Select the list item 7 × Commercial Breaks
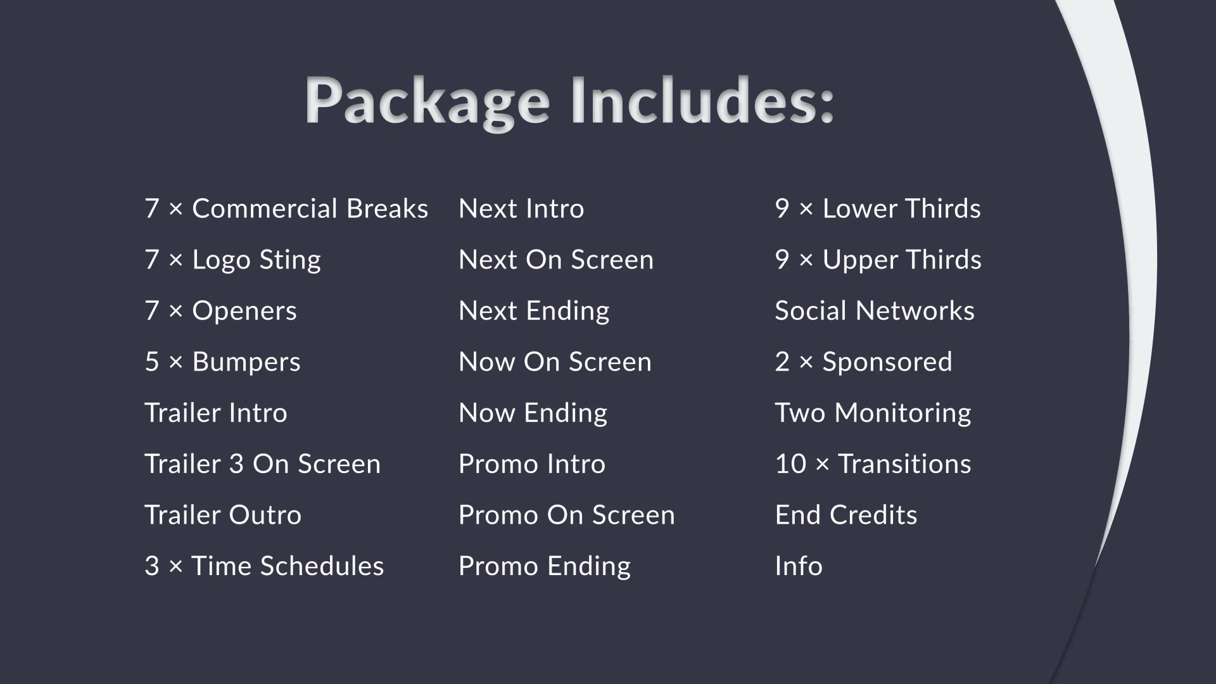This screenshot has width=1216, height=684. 286,208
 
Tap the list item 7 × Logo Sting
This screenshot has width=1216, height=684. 232,260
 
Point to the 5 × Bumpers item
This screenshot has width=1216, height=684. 222,362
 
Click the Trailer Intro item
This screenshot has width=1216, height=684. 216,413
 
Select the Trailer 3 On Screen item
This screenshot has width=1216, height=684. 263,464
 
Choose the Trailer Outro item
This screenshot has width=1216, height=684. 223,515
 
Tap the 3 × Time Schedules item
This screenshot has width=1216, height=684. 264,566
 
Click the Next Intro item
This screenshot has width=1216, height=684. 521,208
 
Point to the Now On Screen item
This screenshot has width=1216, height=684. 555,362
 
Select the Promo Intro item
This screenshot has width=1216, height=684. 532,464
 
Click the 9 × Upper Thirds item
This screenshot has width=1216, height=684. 878,260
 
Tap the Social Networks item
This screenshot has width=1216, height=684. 875,310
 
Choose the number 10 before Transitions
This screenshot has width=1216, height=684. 790,464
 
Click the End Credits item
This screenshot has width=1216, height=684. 846,515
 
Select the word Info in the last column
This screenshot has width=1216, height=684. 799,566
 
